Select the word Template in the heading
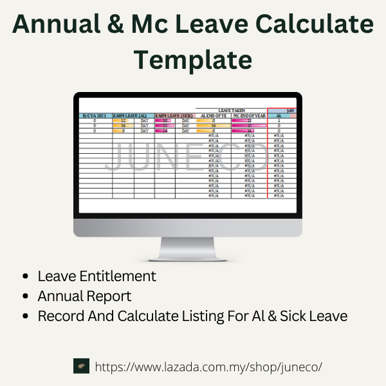[192, 59]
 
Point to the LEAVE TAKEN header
[232, 111]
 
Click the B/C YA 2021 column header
[95, 116]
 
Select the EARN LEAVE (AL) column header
[133, 116]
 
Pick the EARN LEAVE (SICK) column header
[174, 116]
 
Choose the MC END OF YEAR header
[248, 116]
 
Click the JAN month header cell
[290, 111]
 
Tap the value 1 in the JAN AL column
[279, 120]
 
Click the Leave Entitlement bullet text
[96, 276]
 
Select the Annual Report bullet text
[84, 296]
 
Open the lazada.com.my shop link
[208, 367]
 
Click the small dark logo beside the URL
[81, 366]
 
